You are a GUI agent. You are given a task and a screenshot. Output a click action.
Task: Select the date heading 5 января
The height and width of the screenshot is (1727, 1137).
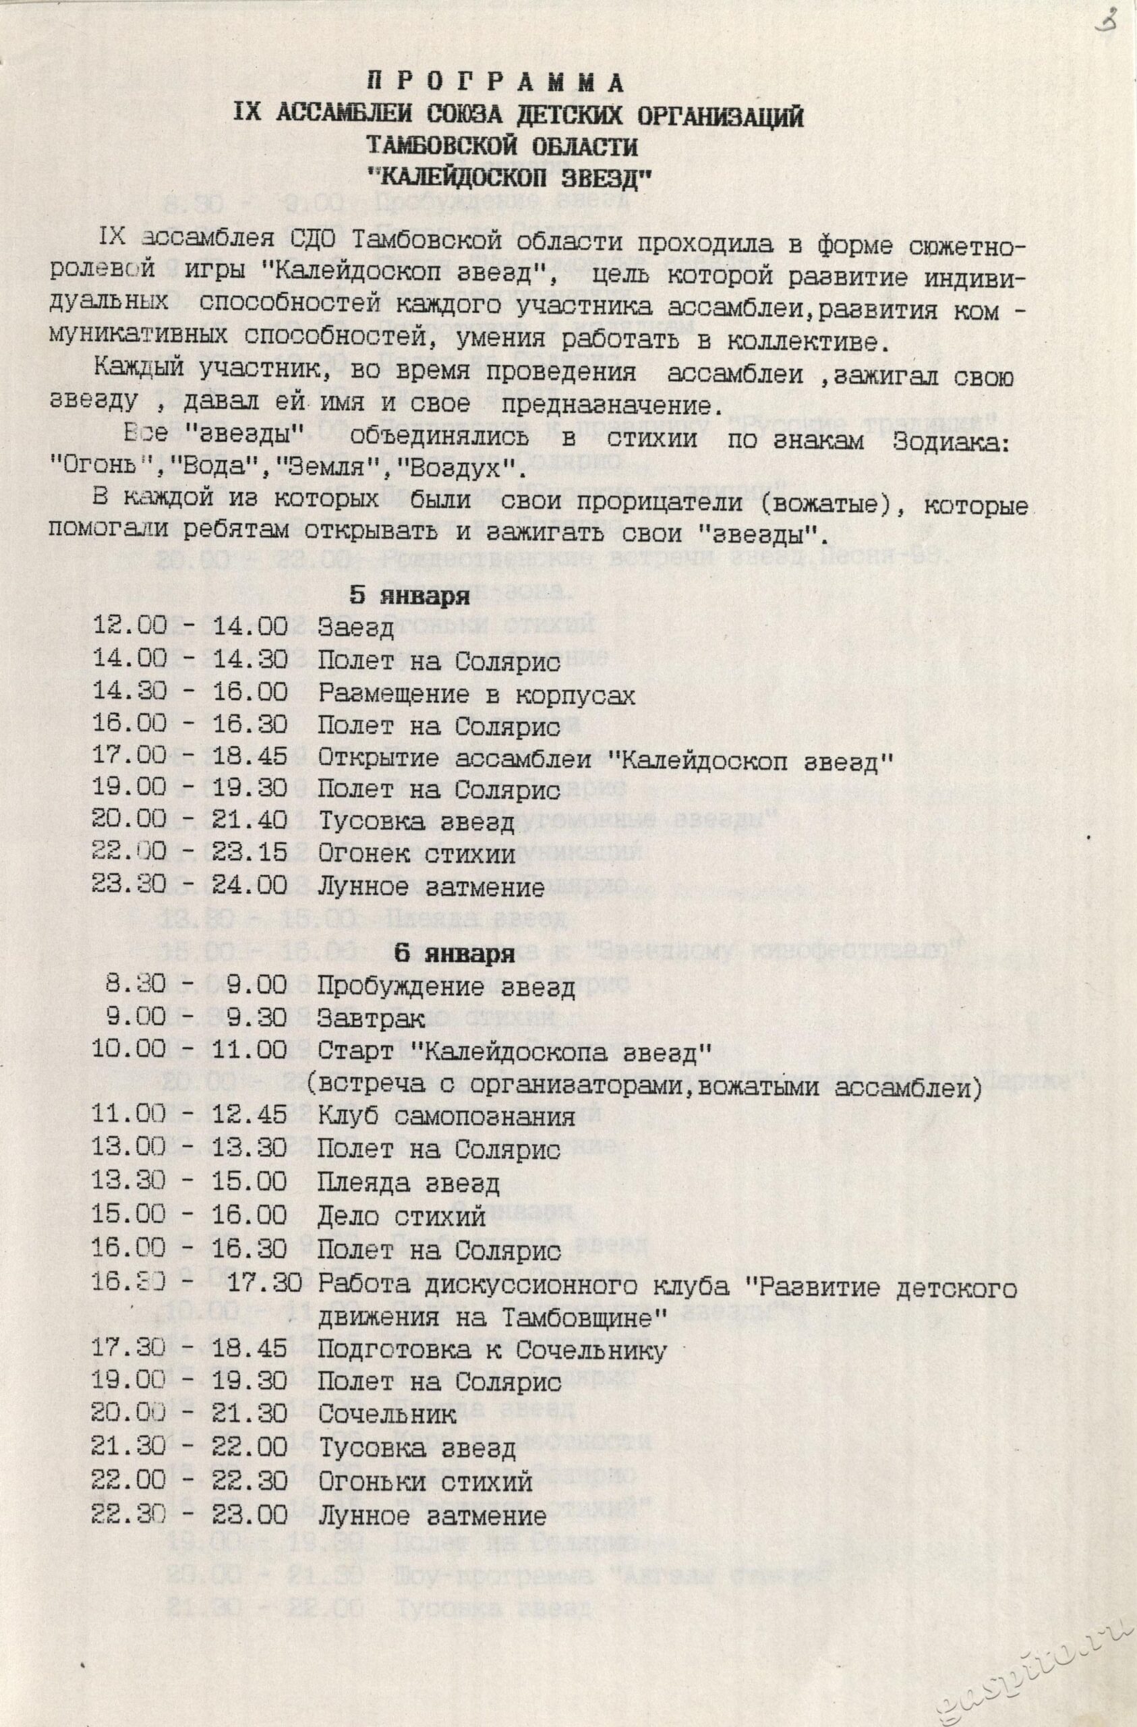[x=410, y=595]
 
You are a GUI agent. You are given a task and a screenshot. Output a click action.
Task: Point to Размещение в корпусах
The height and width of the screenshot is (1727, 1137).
[x=476, y=694]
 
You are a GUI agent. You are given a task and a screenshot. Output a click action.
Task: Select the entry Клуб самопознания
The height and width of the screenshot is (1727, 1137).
[x=446, y=1116]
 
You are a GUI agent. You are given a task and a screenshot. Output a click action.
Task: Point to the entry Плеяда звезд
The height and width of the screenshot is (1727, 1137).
[x=408, y=1183]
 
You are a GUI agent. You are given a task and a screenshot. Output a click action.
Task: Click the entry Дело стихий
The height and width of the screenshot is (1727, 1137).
[x=401, y=1217]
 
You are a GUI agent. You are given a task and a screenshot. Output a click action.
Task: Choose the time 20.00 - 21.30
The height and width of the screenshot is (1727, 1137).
[x=189, y=1414]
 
